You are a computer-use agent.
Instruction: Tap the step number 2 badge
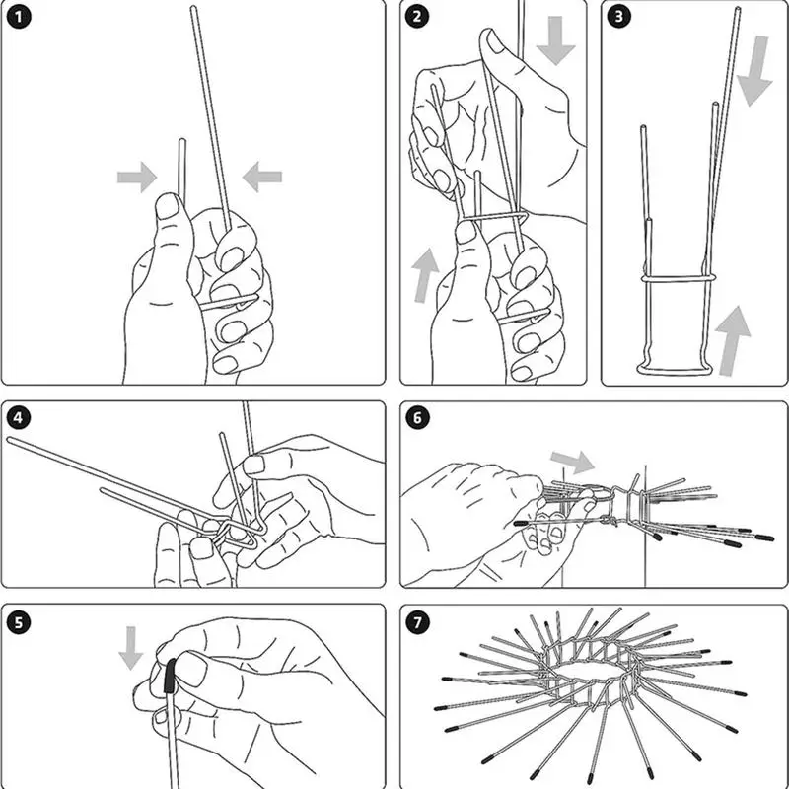pyautogui.click(x=418, y=17)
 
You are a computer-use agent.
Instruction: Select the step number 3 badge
pyautogui.click(x=619, y=17)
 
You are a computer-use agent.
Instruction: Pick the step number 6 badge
pyautogui.click(x=418, y=417)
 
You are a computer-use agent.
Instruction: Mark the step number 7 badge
pyautogui.click(x=418, y=622)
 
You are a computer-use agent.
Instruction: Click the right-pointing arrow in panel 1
pyautogui.click(x=137, y=178)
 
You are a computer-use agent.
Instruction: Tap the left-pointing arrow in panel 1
pyautogui.click(x=262, y=178)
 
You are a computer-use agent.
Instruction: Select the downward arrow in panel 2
pyautogui.click(x=555, y=40)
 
